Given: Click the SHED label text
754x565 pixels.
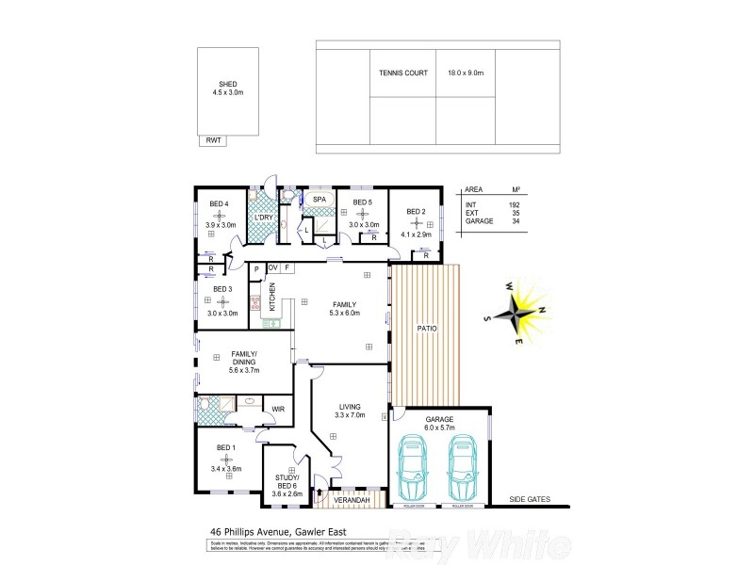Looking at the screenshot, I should (227, 83).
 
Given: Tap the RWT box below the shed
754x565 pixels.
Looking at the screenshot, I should (214, 140).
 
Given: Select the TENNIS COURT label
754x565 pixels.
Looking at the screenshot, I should (403, 73).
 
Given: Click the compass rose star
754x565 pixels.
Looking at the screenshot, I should (517, 310).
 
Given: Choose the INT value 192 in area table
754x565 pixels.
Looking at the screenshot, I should (515, 204).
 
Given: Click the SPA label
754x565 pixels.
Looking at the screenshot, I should (320, 201).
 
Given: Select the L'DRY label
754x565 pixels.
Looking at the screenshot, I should (264, 218).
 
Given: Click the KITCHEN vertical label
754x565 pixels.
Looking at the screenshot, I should (272, 298).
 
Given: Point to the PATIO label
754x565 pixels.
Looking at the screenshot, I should (426, 328).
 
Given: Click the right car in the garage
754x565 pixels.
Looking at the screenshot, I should (462, 469).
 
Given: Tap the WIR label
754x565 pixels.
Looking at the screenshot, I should (278, 409).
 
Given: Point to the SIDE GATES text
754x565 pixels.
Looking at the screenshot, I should (529, 500).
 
